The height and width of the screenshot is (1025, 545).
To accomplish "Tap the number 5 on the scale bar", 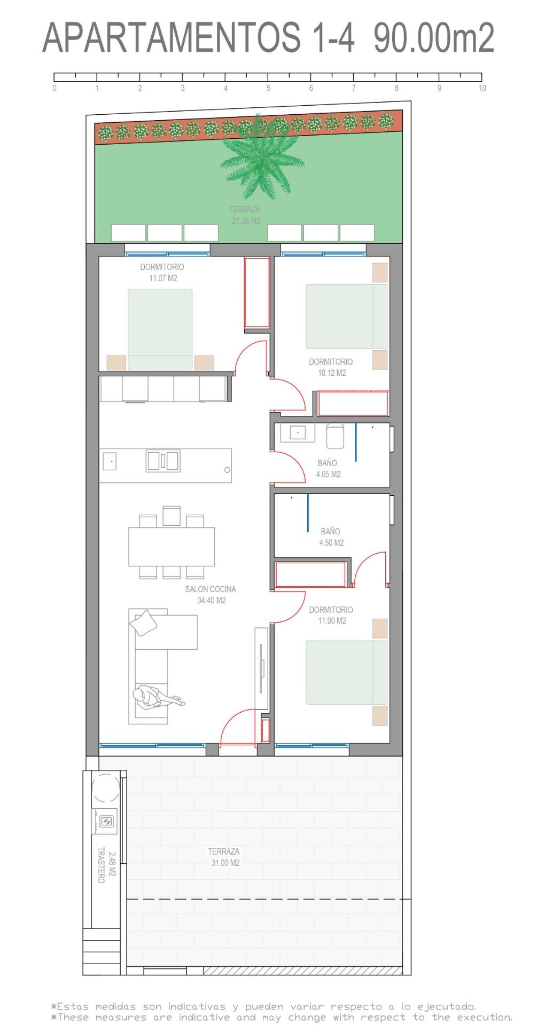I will click(268, 89).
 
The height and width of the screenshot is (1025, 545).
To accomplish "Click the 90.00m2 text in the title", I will click(433, 38).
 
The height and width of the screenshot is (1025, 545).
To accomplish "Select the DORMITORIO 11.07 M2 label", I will click(162, 272).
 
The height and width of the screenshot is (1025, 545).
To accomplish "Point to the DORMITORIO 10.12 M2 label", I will click(331, 367).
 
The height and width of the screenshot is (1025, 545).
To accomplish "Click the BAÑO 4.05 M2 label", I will click(328, 469).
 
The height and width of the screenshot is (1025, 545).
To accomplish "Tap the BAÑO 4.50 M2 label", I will click(331, 537).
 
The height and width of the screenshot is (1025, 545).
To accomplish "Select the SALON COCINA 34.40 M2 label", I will click(211, 595).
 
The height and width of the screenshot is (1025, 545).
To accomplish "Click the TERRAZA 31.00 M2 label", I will click(224, 857).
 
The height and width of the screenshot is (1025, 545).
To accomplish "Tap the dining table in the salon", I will click(172, 547).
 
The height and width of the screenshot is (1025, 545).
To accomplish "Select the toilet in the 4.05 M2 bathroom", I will click(335, 437).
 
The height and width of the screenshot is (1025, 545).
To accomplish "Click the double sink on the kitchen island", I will click(163, 461).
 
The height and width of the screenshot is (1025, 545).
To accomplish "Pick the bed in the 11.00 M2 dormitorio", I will click(346, 672).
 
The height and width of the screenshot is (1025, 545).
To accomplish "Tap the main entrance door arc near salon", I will click(236, 728).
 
